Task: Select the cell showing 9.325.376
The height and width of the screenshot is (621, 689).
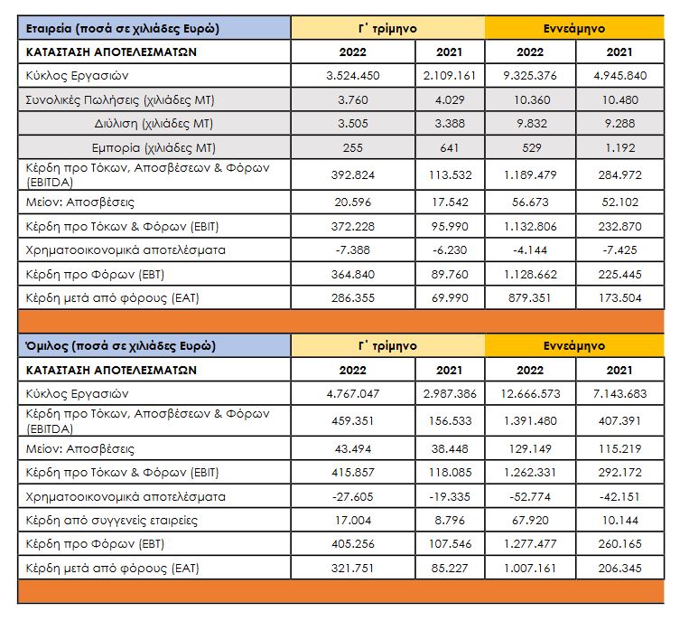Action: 543,75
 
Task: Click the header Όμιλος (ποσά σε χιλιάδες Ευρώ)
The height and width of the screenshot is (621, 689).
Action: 120,346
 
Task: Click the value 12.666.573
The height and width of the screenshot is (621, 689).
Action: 542,394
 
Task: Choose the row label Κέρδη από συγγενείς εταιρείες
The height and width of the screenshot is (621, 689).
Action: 112,521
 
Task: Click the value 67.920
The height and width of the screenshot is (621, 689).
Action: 543,521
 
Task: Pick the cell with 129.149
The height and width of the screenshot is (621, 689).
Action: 543,448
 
